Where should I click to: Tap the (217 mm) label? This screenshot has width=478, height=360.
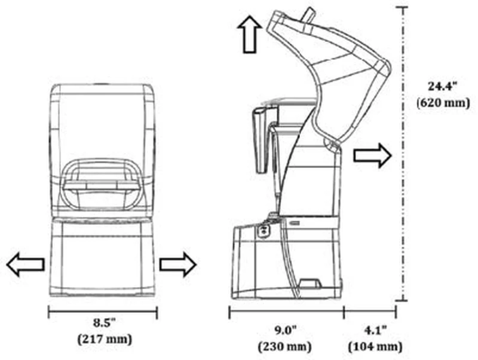coord(105,339)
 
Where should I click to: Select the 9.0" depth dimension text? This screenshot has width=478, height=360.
coord(285,330)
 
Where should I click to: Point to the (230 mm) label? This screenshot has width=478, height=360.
coord(285,347)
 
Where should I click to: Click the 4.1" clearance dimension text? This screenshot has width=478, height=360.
coord(375,330)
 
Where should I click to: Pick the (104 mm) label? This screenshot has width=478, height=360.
coord(375,347)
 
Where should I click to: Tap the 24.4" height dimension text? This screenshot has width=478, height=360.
coord(443,86)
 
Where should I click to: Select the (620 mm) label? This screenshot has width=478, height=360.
coord(443,103)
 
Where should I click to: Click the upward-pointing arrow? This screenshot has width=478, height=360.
coord(250,34)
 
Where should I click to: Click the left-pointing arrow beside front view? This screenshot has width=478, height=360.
coord(26,264)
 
